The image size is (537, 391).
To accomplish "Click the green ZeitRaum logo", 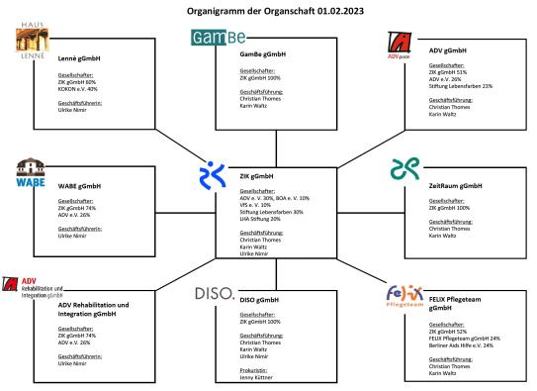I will [x=401, y=168].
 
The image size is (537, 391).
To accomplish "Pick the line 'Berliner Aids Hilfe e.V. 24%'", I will [x=458, y=345].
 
